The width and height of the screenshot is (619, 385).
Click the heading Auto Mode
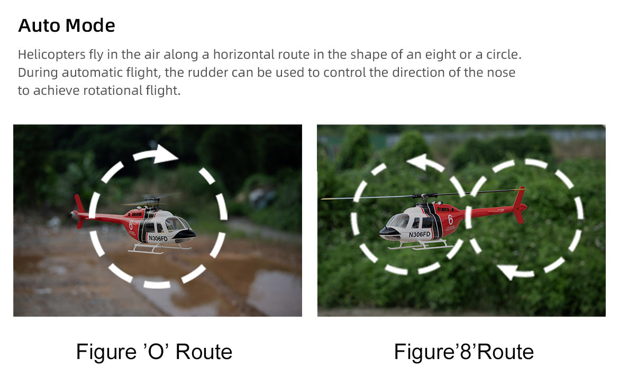[66, 25]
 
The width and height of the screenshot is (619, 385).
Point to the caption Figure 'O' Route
[154, 352]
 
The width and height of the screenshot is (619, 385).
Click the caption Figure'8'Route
[463, 352]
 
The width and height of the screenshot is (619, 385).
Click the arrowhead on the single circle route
[165, 154]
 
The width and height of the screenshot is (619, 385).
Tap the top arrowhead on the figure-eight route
[418, 162]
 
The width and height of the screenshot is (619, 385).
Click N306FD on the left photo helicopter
[158, 239]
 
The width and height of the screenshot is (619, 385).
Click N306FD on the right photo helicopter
[419, 235]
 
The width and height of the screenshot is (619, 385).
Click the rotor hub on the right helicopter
[424, 196]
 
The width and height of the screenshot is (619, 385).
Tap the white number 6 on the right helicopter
[450, 219]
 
